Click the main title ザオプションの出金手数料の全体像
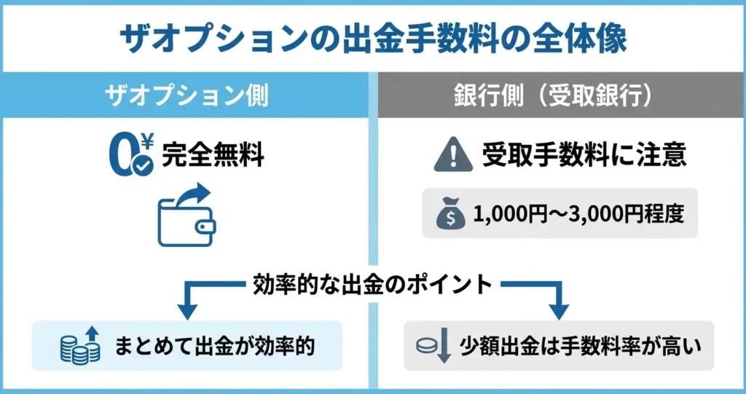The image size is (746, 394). click(372, 37)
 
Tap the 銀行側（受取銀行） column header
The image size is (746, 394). click(560, 96)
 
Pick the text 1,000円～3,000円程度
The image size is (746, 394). click(578, 214)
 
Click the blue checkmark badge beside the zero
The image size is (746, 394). click(143, 166)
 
